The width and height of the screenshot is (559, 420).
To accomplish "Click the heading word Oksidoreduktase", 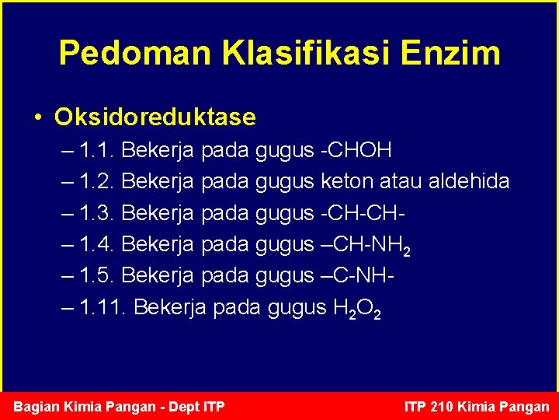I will point(155,117).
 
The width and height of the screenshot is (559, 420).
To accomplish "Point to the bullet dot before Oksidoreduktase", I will point(38,118).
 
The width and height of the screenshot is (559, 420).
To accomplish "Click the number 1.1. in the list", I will point(97,149).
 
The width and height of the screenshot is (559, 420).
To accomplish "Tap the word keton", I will point(346,182).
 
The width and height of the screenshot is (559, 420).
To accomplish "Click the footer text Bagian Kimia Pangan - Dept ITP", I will point(120,407).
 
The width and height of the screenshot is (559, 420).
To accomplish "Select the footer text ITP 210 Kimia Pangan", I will point(477,407).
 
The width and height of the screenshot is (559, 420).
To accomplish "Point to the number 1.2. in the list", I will point(97,182).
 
